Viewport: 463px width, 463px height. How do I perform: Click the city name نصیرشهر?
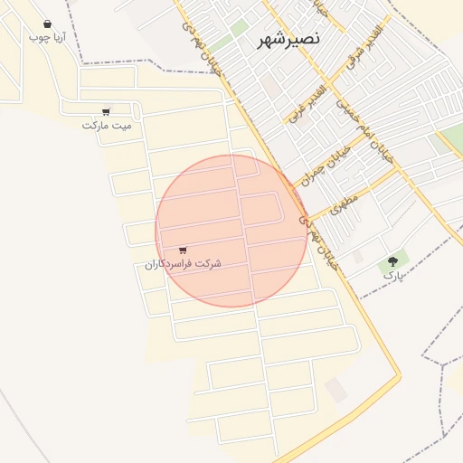[263, 41]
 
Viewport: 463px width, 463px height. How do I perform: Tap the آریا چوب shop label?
[47, 38]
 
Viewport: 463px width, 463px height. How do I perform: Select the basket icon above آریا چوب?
[47, 24]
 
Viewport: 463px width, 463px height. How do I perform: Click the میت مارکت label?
[107, 125]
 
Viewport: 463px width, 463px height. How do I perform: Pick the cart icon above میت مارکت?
[107, 112]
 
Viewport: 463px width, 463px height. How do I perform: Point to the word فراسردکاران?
[170, 264]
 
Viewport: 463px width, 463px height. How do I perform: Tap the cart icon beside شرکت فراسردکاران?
[184, 250]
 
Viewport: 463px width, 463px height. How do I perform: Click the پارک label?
[392, 273]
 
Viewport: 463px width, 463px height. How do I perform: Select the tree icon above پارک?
[392, 260]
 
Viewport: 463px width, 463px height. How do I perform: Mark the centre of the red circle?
[231, 231]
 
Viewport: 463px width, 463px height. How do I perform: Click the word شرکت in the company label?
[208, 264]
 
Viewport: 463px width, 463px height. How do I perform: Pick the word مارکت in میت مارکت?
[95, 125]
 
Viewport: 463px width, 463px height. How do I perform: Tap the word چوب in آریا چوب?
[37, 38]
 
